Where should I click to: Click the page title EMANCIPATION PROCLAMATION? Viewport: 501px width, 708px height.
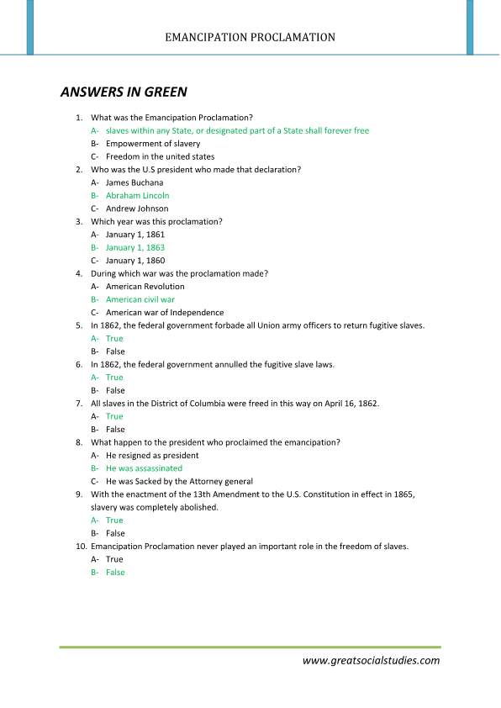(250, 37)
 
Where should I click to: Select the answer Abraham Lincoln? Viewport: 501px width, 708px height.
(137, 195)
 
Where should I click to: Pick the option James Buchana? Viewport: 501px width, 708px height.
(134, 182)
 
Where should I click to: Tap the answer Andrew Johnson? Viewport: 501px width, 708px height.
(137, 209)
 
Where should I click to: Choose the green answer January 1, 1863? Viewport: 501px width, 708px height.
(135, 247)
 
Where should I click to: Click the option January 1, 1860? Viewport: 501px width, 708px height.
(135, 261)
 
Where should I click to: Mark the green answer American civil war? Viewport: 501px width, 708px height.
(140, 299)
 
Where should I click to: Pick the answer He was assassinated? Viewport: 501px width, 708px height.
(144, 468)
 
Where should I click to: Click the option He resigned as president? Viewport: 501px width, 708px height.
(152, 456)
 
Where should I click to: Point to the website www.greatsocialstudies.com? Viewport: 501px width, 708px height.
(371, 661)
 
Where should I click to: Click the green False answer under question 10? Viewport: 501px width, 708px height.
(115, 573)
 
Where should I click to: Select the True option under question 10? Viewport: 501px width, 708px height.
(114, 559)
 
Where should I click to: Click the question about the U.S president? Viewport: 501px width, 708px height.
(195, 170)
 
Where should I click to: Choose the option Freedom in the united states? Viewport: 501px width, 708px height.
(160, 156)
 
